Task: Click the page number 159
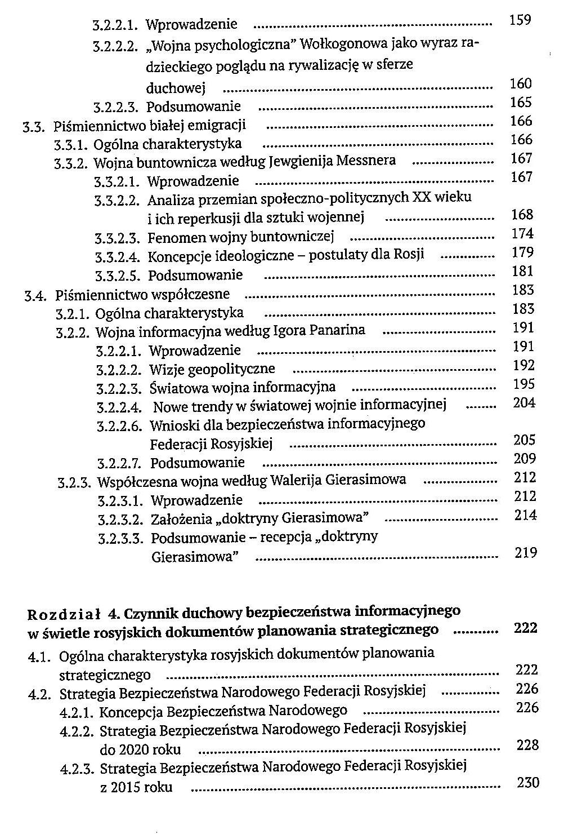[x=520, y=21]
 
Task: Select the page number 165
[x=521, y=103]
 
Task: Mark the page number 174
[x=522, y=234]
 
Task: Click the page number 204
[x=524, y=403]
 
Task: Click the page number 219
[x=526, y=553]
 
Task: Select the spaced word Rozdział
[x=64, y=614]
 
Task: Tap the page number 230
[x=527, y=783]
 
